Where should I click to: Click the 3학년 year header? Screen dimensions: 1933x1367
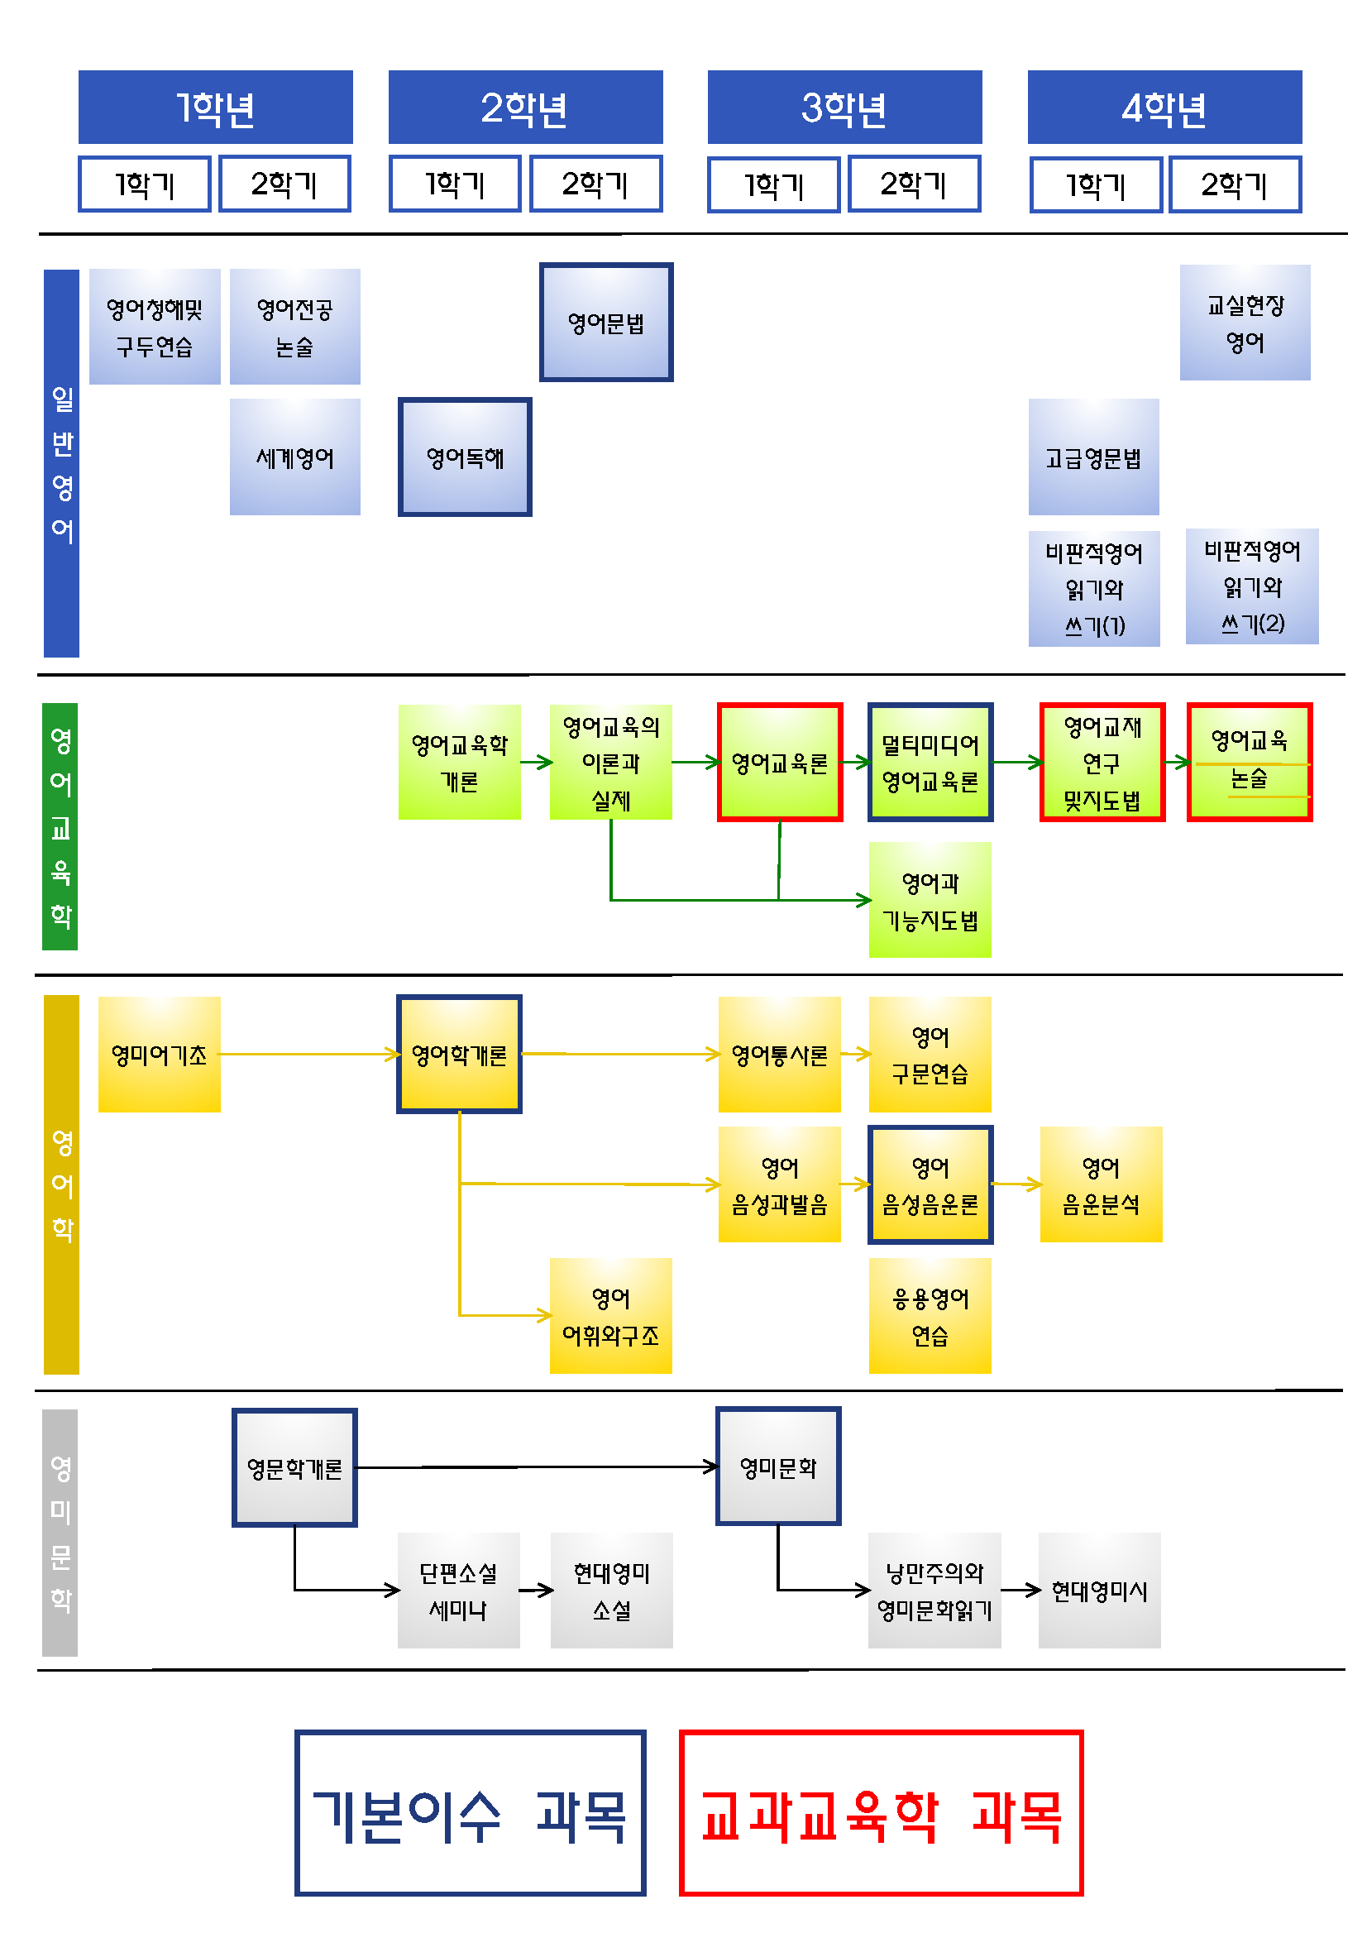[x=844, y=107]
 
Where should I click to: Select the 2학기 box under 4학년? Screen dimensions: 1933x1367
[x=1233, y=184]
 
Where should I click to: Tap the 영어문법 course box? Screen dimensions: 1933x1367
[x=606, y=323]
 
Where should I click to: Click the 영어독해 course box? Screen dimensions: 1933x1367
[x=465, y=457]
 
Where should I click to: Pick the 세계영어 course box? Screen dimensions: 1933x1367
[x=294, y=457]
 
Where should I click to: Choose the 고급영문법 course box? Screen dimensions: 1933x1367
[x=1093, y=457]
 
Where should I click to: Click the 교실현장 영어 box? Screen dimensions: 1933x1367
[x=1245, y=323]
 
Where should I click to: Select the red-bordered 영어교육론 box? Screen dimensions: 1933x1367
[x=780, y=762]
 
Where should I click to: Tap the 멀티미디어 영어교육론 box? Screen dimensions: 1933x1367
[x=930, y=762]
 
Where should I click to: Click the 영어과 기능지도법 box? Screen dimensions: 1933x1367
[x=930, y=900]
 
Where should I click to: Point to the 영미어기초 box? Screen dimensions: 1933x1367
[x=159, y=1054]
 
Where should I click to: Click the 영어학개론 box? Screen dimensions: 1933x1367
[x=459, y=1054]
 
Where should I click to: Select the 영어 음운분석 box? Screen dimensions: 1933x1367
[x=1101, y=1184]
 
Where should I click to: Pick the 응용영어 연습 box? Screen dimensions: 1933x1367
[x=930, y=1316]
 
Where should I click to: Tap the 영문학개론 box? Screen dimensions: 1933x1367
[x=294, y=1467]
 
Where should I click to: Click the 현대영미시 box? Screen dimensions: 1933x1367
[x=1099, y=1591]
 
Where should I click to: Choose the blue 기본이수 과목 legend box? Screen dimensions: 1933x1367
[x=470, y=1813]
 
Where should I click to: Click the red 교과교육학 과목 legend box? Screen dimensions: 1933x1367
[x=881, y=1813]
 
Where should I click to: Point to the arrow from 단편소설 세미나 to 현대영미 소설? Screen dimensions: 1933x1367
[x=535, y=1591]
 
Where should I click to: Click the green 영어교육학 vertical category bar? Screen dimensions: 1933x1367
[x=60, y=826]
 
